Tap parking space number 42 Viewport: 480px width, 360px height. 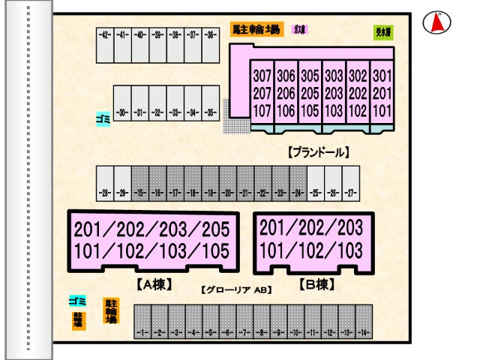[x=104, y=45]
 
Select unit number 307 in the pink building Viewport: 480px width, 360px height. [x=262, y=76]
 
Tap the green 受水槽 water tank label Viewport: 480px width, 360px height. [x=382, y=32]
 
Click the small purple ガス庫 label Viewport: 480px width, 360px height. [x=301, y=30]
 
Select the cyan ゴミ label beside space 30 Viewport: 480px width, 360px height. [x=103, y=118]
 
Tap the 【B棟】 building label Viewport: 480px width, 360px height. [x=316, y=284]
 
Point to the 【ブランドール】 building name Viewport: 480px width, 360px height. [x=319, y=152]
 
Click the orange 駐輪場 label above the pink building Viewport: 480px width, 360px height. [x=256, y=30]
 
